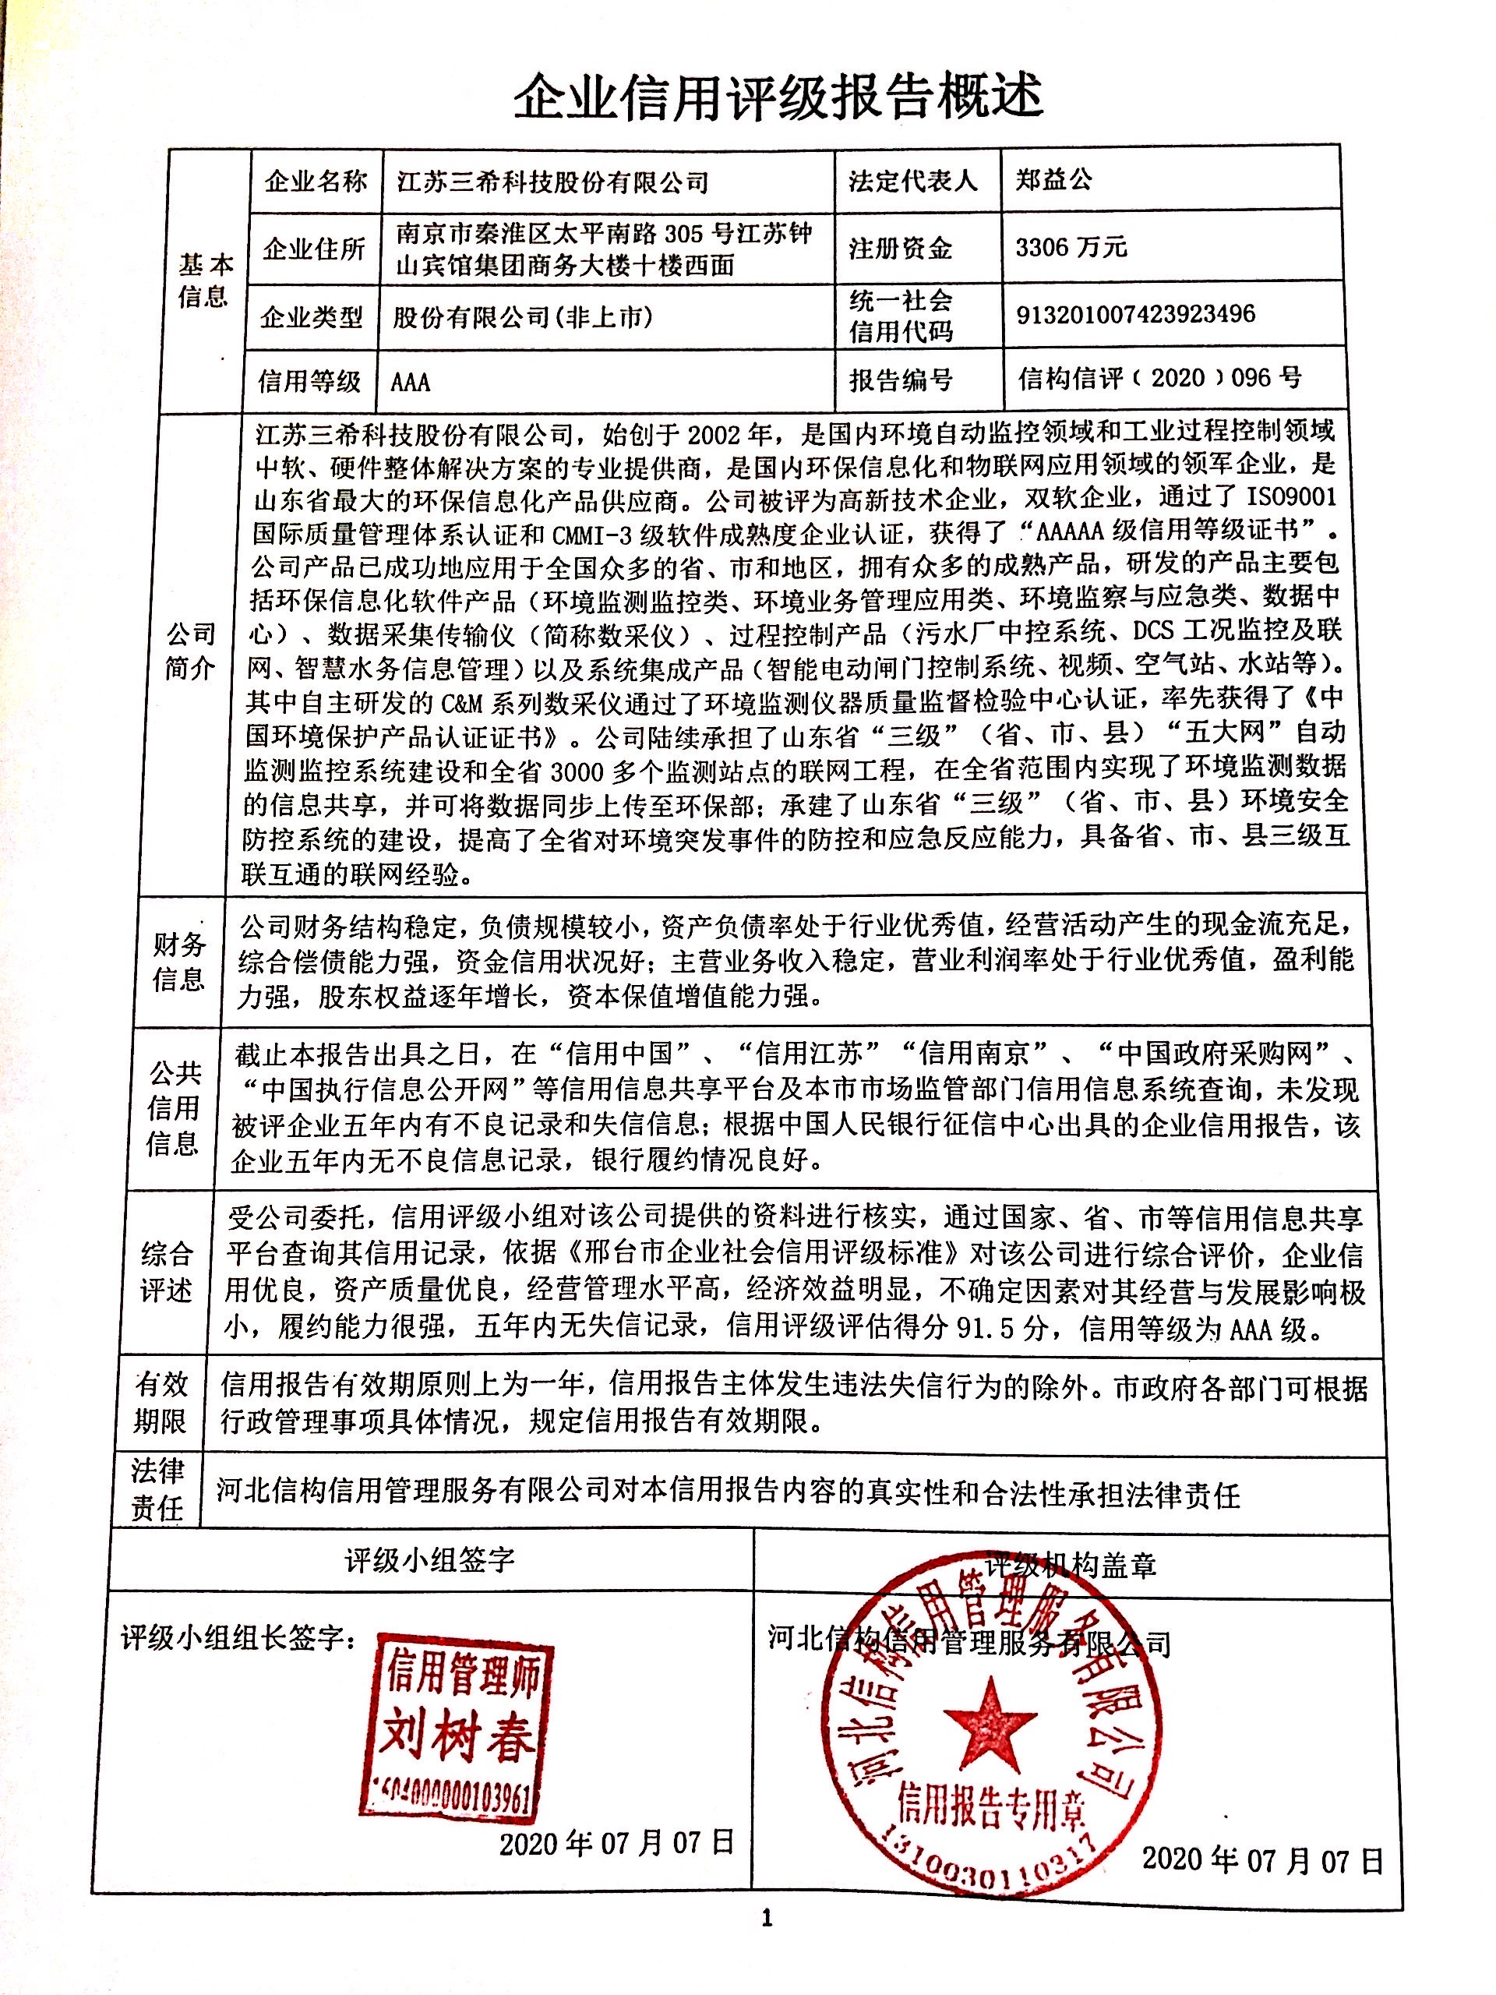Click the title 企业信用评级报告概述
[778, 97]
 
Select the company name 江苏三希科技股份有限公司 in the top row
[552, 183]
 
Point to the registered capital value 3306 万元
[1071, 247]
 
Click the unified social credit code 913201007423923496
[1135, 314]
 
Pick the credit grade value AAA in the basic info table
[411, 383]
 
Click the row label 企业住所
[313, 249]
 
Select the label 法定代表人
[912, 180]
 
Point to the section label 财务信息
[178, 962]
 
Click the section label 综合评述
[167, 1272]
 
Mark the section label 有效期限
[161, 1404]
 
